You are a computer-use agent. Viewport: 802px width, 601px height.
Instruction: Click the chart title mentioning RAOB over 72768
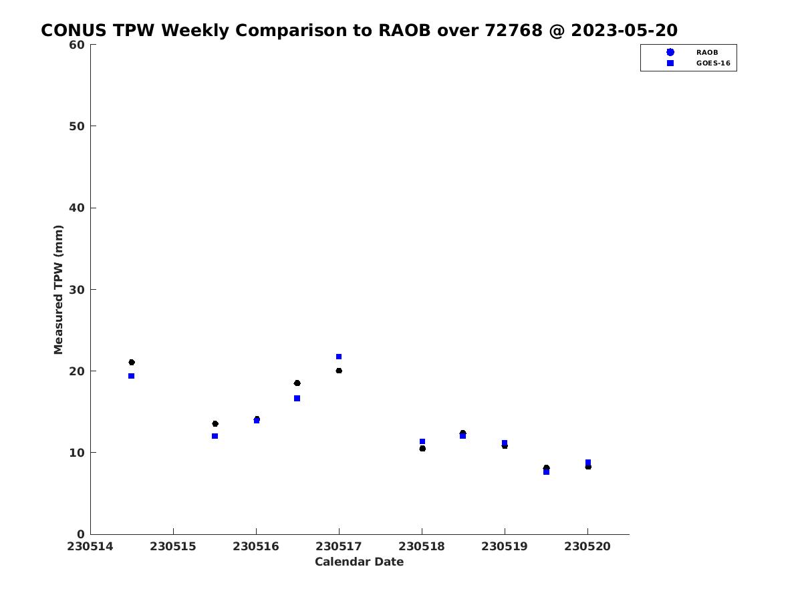click(359, 30)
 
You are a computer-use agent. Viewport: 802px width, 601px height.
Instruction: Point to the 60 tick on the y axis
click(77, 45)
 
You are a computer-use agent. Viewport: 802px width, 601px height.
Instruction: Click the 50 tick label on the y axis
click(77, 126)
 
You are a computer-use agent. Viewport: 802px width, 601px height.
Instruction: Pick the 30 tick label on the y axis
click(77, 290)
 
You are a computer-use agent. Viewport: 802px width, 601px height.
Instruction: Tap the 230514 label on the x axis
click(90, 546)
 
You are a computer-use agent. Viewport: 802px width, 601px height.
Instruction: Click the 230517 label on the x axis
click(338, 546)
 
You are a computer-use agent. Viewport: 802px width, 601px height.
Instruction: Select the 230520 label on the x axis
click(587, 546)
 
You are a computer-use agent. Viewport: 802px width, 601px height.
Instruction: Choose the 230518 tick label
click(421, 546)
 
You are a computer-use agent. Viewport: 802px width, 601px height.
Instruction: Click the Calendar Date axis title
click(359, 562)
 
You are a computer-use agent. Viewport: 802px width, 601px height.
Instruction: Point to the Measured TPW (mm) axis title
click(58, 289)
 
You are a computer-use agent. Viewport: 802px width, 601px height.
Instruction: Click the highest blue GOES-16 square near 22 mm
click(339, 357)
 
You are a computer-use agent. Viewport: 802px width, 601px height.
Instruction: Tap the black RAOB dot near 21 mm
click(132, 362)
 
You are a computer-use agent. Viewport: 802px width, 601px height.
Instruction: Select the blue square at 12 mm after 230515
click(215, 436)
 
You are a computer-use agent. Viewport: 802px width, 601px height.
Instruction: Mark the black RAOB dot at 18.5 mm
click(297, 383)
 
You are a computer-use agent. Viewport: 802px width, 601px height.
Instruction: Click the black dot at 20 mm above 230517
click(339, 371)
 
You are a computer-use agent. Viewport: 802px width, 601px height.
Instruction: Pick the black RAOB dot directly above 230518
click(422, 449)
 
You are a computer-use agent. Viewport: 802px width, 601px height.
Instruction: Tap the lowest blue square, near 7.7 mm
click(546, 472)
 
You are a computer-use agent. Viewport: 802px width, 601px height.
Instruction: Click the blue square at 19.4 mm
click(131, 376)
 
